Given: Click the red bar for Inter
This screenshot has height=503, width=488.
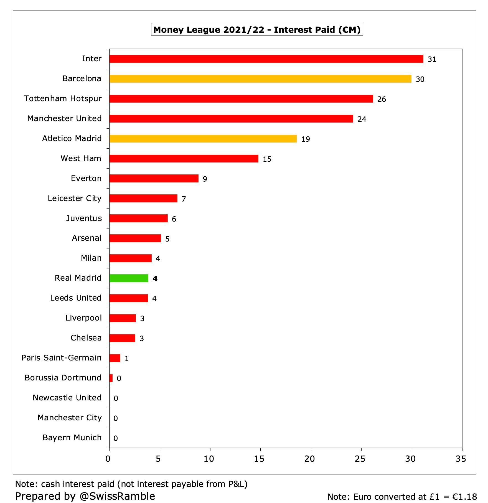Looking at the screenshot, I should click(x=266, y=59).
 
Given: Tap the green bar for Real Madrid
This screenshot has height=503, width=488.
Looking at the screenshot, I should click(x=129, y=278).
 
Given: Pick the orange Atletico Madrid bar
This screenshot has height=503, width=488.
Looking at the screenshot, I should click(x=203, y=139).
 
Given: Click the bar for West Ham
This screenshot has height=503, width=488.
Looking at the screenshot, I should click(x=184, y=159).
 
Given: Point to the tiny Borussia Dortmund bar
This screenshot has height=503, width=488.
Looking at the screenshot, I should click(x=111, y=378).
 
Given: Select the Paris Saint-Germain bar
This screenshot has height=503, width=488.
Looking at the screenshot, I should click(x=115, y=358).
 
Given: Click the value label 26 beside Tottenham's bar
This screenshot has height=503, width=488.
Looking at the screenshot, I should click(x=382, y=99).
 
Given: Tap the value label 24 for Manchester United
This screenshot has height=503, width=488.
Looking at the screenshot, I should click(x=362, y=119).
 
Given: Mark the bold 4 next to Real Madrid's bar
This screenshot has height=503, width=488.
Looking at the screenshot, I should click(x=155, y=279).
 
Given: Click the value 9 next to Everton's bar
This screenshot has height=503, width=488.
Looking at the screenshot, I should click(x=205, y=179).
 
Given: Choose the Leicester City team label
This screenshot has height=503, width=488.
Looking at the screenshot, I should click(x=75, y=198).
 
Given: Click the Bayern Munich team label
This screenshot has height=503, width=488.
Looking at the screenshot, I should click(x=72, y=438).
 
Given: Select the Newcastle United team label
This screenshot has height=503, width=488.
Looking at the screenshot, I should click(x=67, y=398).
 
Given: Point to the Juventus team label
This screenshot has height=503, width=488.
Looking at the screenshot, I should click(x=84, y=218).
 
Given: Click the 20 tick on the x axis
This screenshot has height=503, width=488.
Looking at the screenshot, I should click(x=309, y=459).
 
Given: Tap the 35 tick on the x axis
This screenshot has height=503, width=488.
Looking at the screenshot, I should click(x=461, y=459).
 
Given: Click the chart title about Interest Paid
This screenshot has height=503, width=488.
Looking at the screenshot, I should click(x=257, y=30).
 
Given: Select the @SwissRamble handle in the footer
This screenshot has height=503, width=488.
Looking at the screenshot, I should click(x=117, y=496).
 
